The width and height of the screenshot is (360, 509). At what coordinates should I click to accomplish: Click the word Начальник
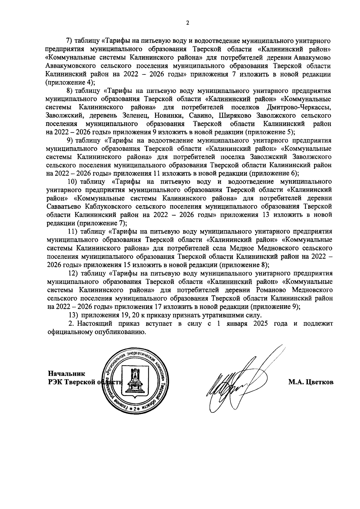(x=67, y=374)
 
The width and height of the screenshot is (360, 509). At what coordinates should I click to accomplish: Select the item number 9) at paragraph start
(x=70, y=140)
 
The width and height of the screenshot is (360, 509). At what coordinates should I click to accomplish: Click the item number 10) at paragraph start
(x=73, y=182)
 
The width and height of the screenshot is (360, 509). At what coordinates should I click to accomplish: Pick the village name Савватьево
(x=64, y=206)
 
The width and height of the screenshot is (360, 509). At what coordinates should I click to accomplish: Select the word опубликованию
(x=120, y=332)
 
